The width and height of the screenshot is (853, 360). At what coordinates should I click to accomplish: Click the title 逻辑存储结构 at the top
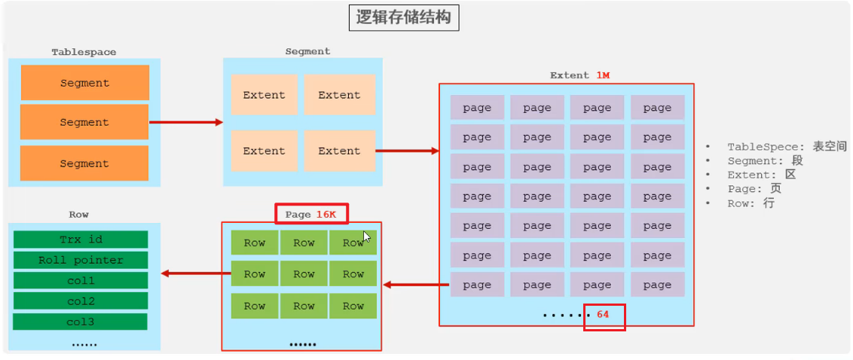(x=404, y=17)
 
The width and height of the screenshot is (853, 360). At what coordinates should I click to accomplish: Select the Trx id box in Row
(x=81, y=239)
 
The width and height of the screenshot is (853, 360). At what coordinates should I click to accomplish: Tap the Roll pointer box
(x=81, y=260)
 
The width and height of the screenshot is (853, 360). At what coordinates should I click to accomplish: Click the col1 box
(x=81, y=280)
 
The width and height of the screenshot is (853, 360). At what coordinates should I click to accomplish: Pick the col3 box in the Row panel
(x=81, y=322)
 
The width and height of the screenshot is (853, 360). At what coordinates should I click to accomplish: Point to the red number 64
(x=603, y=314)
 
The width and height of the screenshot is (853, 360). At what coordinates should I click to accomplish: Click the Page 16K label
(x=310, y=214)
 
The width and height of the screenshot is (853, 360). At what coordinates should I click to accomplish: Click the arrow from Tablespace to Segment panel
(x=186, y=122)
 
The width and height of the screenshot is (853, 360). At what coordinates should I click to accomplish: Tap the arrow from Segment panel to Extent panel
(x=407, y=151)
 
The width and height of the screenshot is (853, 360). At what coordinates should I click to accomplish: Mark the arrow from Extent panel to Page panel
(x=417, y=285)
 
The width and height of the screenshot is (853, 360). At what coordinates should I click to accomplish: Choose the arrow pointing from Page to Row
(x=191, y=273)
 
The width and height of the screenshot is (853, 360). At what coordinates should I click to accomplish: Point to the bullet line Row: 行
(x=751, y=203)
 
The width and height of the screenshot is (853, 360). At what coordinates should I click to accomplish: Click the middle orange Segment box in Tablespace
(x=84, y=122)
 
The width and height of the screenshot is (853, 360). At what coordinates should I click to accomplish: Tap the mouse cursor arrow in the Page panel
(x=367, y=236)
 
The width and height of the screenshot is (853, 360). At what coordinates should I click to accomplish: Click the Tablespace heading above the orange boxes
(x=84, y=52)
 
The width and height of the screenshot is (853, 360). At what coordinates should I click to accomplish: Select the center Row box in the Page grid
(x=304, y=274)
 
